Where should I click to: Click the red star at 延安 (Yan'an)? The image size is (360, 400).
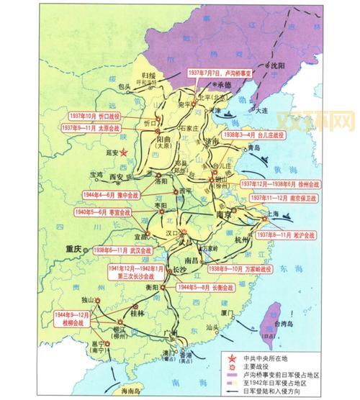pyautogui.click(x=123, y=152)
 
